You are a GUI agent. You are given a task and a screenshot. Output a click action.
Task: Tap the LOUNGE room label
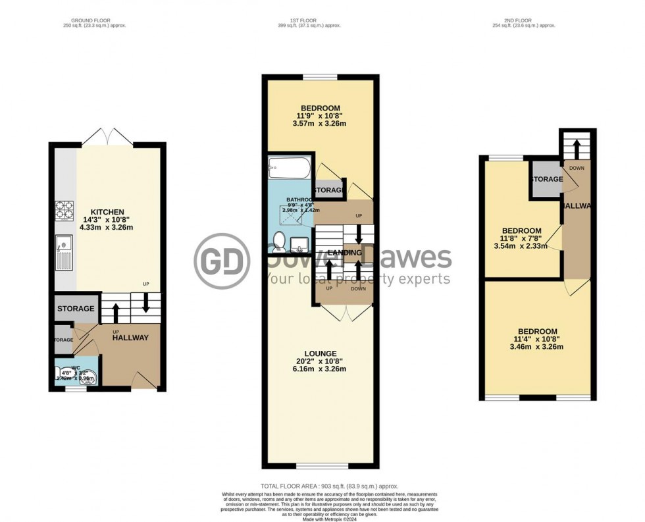pyautogui.click(x=321, y=353)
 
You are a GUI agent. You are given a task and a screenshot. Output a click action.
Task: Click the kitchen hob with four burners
pyautogui.click(x=64, y=209)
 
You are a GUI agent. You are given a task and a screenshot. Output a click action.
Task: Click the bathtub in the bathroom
pyautogui.click(x=288, y=170)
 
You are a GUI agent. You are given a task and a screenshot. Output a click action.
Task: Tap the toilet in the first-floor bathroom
pyautogui.click(x=278, y=241)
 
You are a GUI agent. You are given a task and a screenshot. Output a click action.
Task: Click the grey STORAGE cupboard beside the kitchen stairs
pyautogui.click(x=76, y=308)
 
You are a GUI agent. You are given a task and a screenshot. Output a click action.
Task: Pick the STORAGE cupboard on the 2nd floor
pyautogui.click(x=547, y=179)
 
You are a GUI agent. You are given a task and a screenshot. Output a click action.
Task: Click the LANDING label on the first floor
pyautogui.click(x=344, y=253)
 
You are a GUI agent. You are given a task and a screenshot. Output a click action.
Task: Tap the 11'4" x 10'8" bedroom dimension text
pyautogui.click(x=537, y=339)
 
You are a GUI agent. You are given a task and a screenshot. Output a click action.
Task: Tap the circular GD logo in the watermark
pyautogui.click(x=222, y=261)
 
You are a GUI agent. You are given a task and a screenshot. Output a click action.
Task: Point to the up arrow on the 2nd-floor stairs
pyautogui.click(x=577, y=148)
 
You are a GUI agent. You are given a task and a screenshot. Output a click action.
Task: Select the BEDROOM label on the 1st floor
pyautogui.click(x=321, y=108)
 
